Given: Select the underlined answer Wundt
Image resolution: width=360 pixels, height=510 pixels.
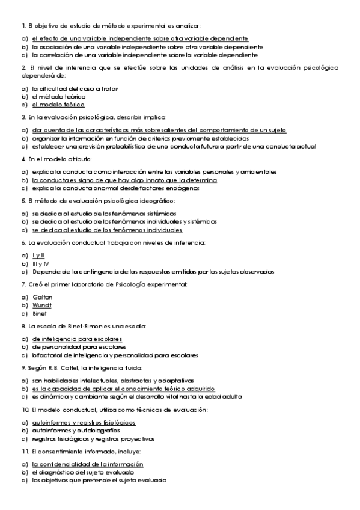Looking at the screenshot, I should [x=42, y=305].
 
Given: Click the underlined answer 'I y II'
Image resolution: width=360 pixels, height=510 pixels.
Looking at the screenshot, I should [x=38, y=256].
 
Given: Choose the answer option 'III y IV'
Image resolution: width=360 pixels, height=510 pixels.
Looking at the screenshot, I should [x=40, y=263].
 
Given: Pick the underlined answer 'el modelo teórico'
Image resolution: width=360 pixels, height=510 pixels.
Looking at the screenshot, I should [x=58, y=104].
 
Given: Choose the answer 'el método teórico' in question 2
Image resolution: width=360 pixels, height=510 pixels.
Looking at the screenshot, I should [x=59, y=96].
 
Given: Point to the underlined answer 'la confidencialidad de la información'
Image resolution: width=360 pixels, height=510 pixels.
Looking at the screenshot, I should [x=87, y=464].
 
